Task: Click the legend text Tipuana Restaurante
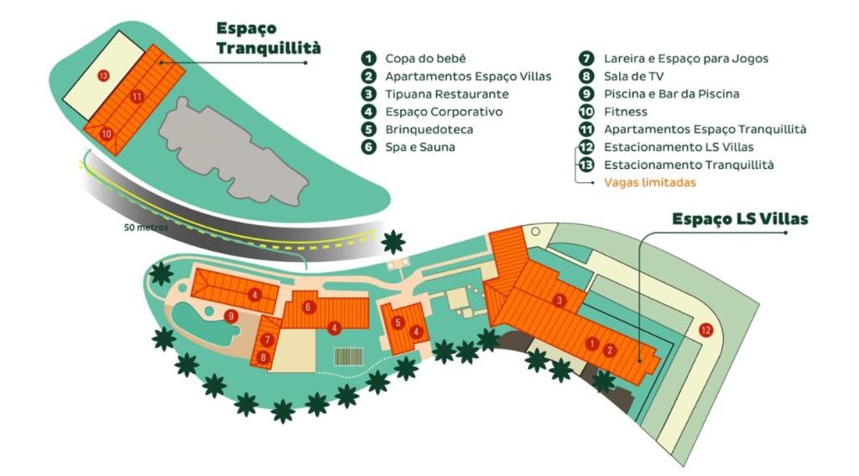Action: (446, 94)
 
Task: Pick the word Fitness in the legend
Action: (624, 112)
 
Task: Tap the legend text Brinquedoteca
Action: (429, 129)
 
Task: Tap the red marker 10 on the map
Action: (106, 133)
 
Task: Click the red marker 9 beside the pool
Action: (230, 316)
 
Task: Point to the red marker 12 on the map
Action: (705, 329)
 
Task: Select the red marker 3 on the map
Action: (558, 301)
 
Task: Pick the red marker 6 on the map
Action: (309, 307)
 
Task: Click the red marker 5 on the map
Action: (398, 322)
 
